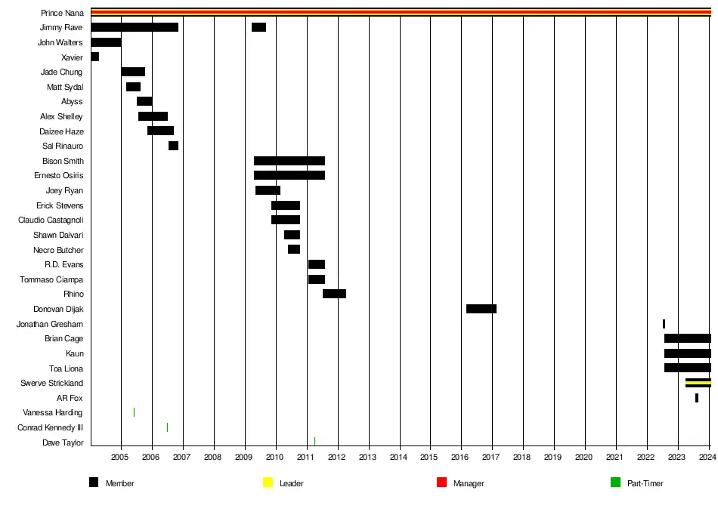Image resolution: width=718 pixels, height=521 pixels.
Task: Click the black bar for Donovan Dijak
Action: click(481, 309)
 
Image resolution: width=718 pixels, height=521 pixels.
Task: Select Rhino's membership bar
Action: click(334, 294)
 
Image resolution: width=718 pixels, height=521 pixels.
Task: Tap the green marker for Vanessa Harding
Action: click(134, 412)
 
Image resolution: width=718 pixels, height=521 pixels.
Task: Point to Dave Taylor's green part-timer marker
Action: click(314, 442)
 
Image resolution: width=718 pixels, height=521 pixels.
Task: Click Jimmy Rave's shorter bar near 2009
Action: click(258, 27)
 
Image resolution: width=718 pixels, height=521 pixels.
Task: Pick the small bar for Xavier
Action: click(94, 57)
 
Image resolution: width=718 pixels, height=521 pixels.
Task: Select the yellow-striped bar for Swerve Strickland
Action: click(698, 383)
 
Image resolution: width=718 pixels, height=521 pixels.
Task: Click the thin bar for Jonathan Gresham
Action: click(664, 324)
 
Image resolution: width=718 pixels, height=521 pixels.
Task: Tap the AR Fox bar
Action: click(696, 398)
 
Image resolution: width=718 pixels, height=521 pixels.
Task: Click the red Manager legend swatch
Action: click(441, 482)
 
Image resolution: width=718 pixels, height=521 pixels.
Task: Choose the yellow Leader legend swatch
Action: click(268, 482)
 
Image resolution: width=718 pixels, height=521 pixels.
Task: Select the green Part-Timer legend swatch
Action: click(615, 482)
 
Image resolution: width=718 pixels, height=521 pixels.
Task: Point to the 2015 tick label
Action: click(429, 458)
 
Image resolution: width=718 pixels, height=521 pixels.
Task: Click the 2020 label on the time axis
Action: click(584, 458)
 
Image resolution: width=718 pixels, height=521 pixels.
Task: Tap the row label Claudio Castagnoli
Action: click(51, 220)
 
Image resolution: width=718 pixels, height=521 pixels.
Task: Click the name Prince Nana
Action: click(62, 13)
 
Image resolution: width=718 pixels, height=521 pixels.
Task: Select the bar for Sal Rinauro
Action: click(173, 146)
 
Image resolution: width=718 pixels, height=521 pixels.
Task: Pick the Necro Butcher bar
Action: click(293, 249)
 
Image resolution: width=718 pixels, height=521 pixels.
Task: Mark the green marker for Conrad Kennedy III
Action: click(167, 427)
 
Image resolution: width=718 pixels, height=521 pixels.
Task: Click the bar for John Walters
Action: click(106, 42)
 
